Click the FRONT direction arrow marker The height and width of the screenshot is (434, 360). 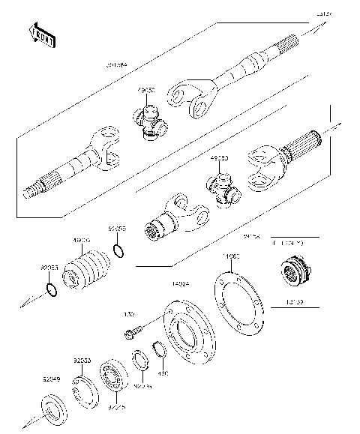pyautogui.click(x=43, y=34)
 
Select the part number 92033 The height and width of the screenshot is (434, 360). pyautogui.click(x=82, y=361)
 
